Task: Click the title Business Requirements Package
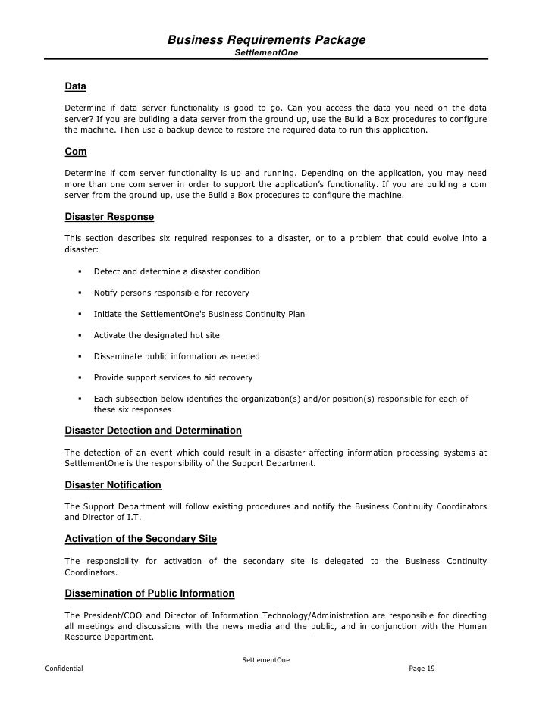(x=266, y=39)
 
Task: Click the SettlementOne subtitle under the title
(x=266, y=53)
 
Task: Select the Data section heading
(x=75, y=87)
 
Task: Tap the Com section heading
(x=76, y=152)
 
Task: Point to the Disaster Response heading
(x=109, y=217)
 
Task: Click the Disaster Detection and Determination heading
(x=153, y=431)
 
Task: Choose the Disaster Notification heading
(x=113, y=484)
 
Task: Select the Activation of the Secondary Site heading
(x=141, y=539)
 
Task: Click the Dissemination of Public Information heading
(x=149, y=593)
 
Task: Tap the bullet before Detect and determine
(x=80, y=271)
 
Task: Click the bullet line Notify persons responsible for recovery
(x=171, y=293)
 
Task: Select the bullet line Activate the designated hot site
(x=156, y=335)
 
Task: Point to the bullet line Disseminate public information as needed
(x=176, y=356)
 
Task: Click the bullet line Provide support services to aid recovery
(x=173, y=377)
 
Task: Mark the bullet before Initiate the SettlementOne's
(x=80, y=314)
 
